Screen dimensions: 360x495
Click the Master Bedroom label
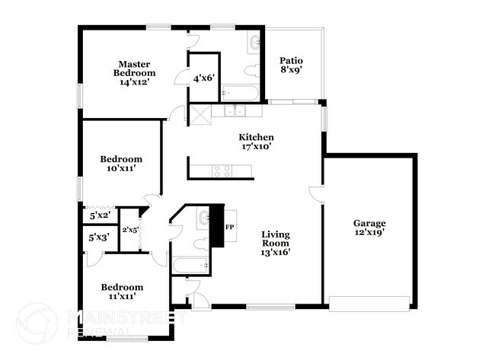(136, 68)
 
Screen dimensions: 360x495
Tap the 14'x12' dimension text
(136, 82)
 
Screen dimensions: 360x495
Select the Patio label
(291, 60)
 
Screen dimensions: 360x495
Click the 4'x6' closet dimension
(203, 78)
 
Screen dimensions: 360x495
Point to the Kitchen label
(257, 137)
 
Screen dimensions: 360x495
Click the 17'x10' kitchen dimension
(257, 146)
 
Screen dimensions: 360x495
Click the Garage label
(369, 223)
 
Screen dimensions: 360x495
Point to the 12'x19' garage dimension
(369, 233)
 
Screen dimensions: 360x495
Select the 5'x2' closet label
(99, 216)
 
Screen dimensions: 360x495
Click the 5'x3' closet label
(99, 237)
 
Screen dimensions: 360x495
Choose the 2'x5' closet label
(130, 230)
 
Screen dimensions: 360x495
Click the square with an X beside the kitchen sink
(200, 115)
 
